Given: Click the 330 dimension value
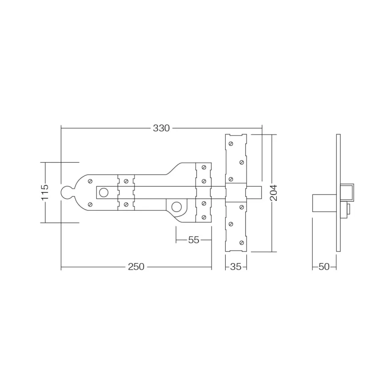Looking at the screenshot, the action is pyautogui.click(x=161, y=128).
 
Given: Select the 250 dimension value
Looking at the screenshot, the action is pyautogui.click(x=136, y=267).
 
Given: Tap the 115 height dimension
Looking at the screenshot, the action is pyautogui.click(x=45, y=192).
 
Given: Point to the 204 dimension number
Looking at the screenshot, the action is pyautogui.click(x=274, y=193).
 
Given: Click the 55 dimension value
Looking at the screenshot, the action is pyautogui.click(x=194, y=240).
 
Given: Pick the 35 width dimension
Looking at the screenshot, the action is pyautogui.click(x=235, y=267).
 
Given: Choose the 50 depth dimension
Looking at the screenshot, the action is pyautogui.click(x=324, y=267).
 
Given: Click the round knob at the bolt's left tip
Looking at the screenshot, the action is pyautogui.click(x=67, y=193).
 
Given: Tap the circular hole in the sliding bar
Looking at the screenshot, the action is pyautogui.click(x=104, y=192).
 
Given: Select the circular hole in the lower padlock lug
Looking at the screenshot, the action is pyautogui.click(x=176, y=207).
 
